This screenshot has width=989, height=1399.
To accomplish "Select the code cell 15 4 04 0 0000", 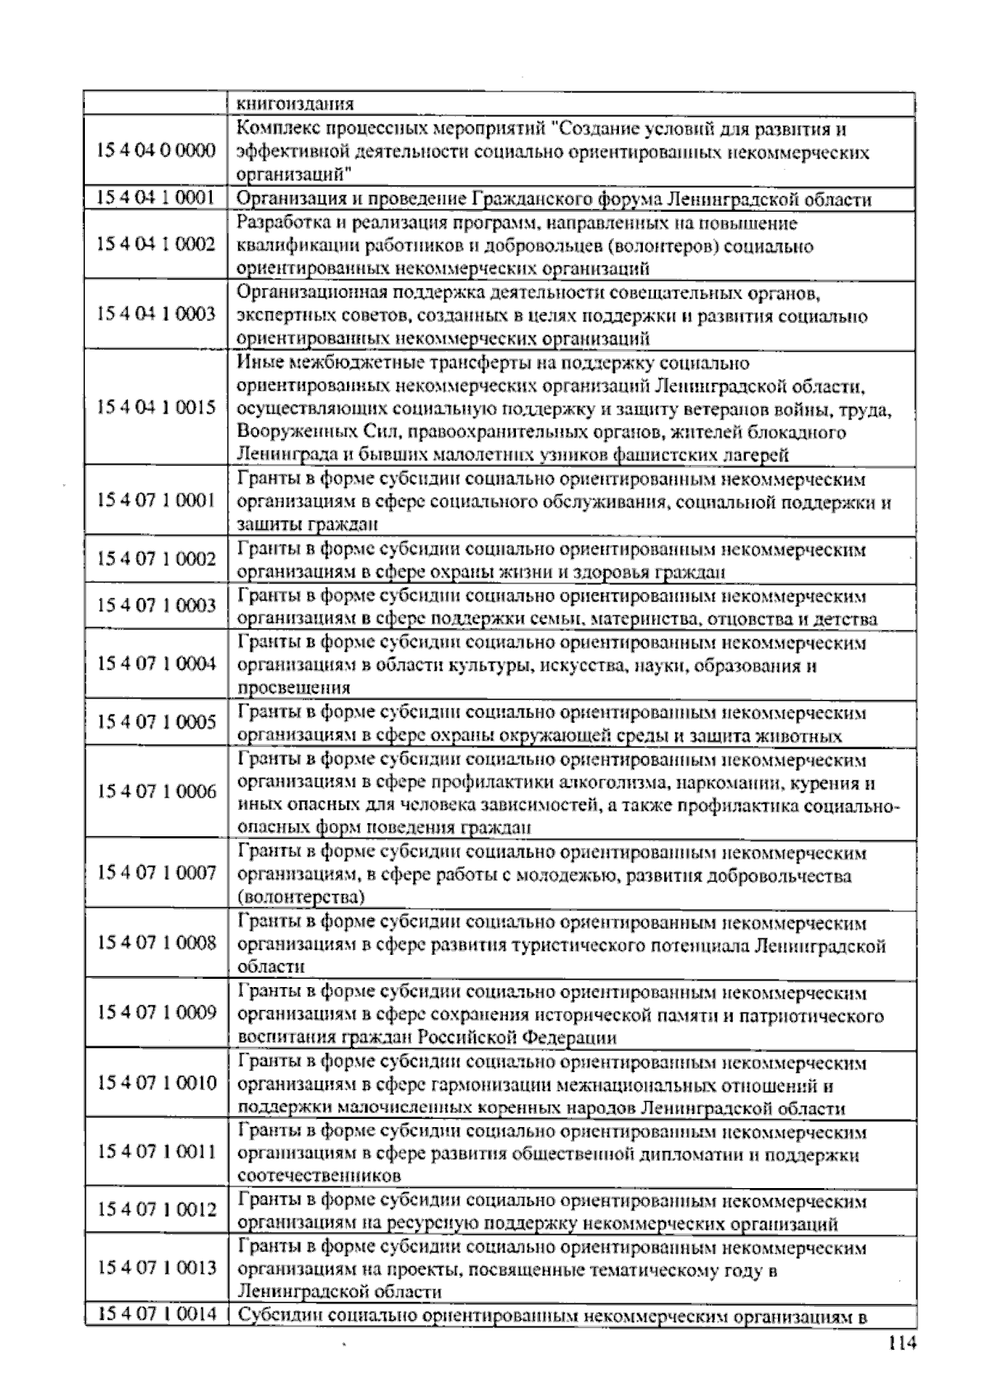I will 156,151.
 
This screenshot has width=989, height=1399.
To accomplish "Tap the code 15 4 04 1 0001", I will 156,198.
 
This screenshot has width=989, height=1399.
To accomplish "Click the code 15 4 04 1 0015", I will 156,408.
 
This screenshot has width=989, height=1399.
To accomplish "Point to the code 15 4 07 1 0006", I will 156,791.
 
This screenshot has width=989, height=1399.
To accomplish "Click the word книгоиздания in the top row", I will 296,105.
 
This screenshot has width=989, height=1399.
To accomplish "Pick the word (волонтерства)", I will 301,896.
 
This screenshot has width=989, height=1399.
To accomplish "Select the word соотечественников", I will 319,1176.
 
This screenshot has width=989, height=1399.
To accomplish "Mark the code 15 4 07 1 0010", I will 156,1083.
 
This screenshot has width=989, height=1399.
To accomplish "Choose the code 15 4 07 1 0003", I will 156,606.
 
